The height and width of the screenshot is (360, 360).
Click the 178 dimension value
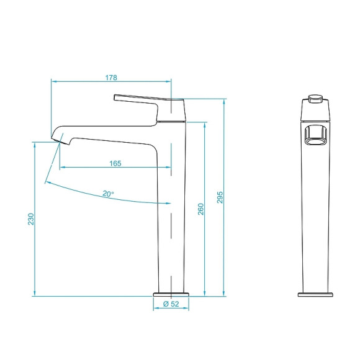pyautogui.click(x=111, y=78)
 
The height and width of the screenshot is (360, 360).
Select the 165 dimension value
pyautogui.click(x=115, y=163)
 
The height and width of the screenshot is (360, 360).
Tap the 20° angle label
pyautogui.click(x=109, y=194)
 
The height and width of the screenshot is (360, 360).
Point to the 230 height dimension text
pyautogui.click(x=30, y=220)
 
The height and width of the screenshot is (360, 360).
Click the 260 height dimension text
pyautogui.click(x=200, y=209)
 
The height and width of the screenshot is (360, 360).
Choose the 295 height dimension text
pyautogui.click(x=220, y=197)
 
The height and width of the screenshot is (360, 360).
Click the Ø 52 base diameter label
pyautogui.click(x=171, y=304)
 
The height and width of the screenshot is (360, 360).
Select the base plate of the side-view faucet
pyautogui.click(x=171, y=293)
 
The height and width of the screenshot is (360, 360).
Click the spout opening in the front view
pyautogui.click(x=316, y=136)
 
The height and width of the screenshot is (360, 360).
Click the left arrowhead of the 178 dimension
pyautogui.click(x=53, y=81)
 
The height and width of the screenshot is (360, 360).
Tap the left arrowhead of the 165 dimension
pyautogui.click(x=62, y=167)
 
